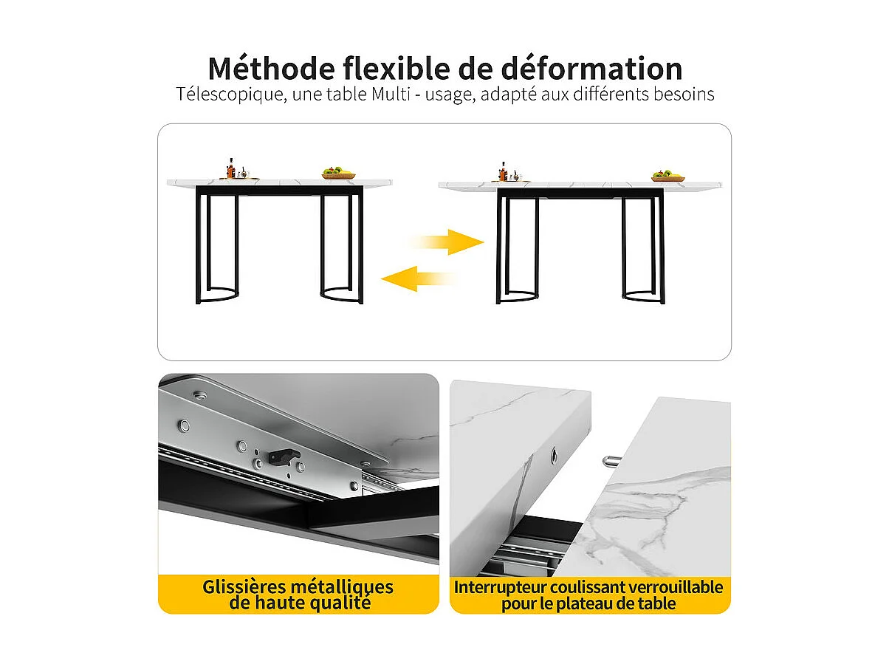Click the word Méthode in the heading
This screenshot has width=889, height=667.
(x=271, y=69)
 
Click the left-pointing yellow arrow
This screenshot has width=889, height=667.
(x=416, y=278)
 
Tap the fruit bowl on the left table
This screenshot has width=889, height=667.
(x=338, y=174)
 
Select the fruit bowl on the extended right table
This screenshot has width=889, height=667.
(x=667, y=175)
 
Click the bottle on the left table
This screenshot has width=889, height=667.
(x=231, y=168)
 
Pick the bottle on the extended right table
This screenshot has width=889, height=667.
(x=504, y=169)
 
